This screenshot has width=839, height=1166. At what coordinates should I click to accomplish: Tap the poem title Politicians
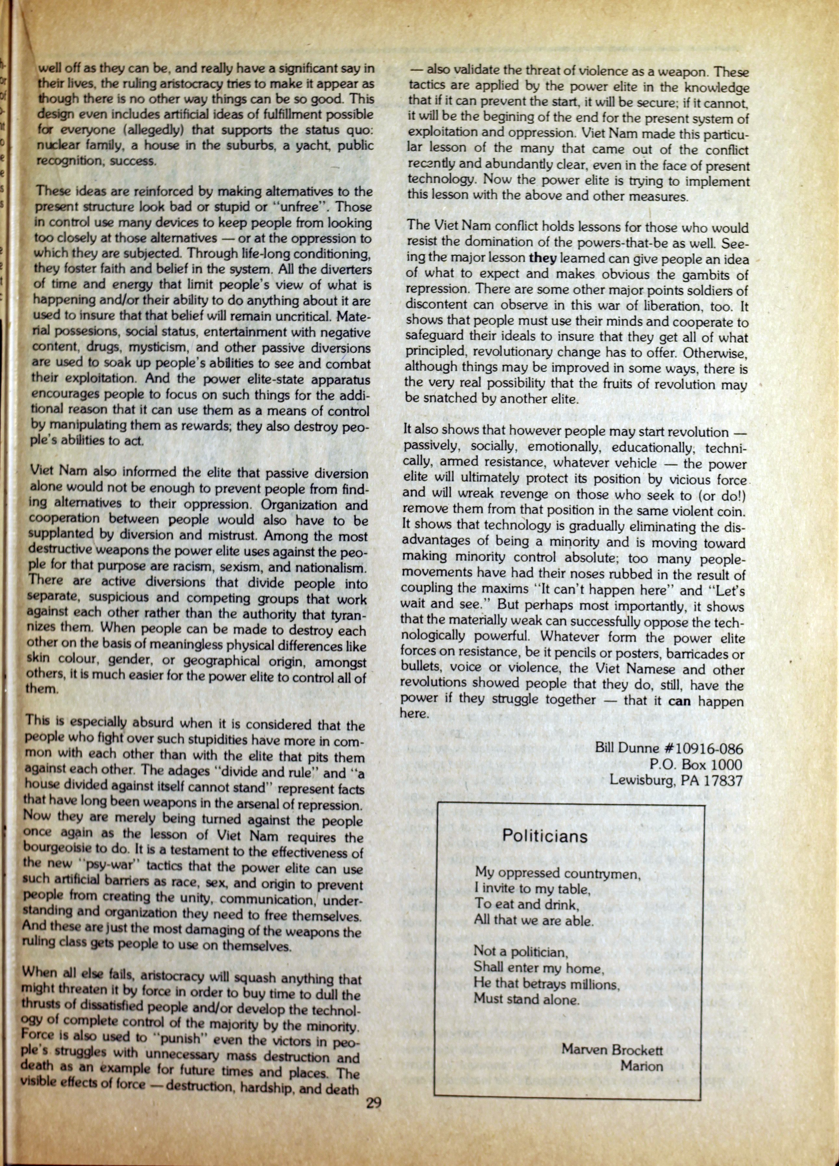(x=545, y=836)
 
